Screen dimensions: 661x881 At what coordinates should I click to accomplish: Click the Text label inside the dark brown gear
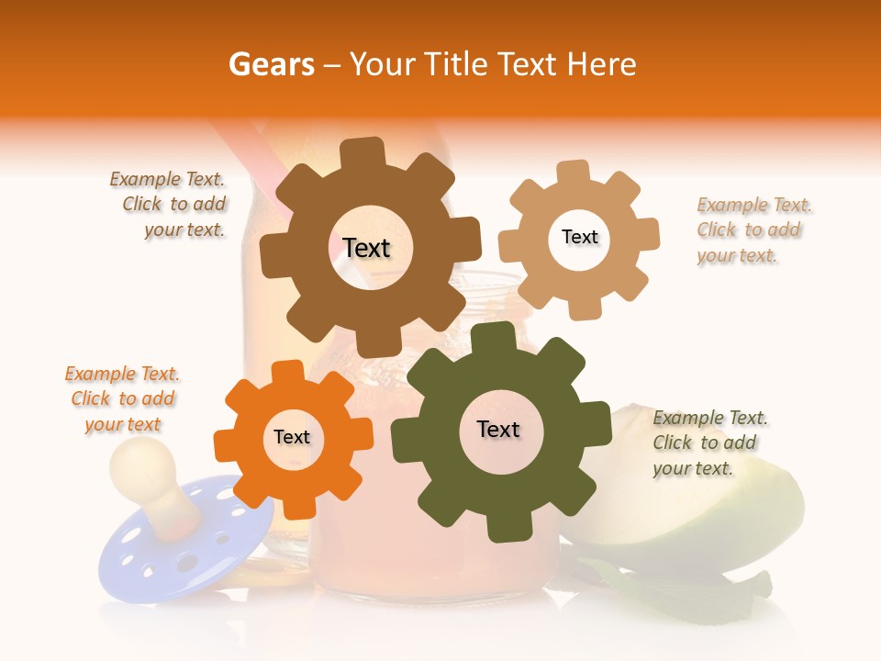click(x=366, y=248)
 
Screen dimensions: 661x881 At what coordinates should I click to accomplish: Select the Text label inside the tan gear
click(x=579, y=237)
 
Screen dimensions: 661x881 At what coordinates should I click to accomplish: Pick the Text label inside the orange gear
click(x=292, y=437)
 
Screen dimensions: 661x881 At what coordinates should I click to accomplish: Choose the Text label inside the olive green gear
click(x=498, y=429)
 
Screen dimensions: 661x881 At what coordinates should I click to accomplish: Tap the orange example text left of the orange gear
click(x=122, y=398)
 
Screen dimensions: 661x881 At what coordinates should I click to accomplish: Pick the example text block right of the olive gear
click(x=709, y=443)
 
